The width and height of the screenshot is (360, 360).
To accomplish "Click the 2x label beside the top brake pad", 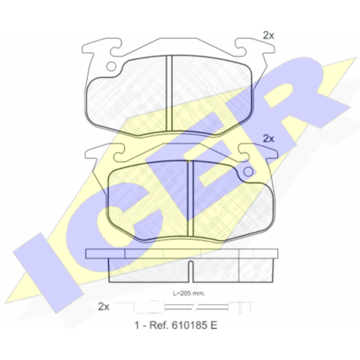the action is pyautogui.click(x=268, y=35).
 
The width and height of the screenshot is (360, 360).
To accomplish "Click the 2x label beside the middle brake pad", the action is pyautogui.click(x=268, y=139).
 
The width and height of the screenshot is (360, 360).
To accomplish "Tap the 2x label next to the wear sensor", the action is pyautogui.click(x=104, y=306).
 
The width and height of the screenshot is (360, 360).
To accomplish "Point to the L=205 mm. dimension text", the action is pyautogui.click(x=189, y=293).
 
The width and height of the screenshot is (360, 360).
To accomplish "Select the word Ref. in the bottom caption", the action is pyautogui.click(x=159, y=325).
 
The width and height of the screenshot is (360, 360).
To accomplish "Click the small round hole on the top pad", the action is pyautogui.click(x=112, y=67).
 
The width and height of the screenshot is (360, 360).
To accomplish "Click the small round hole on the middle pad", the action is pyautogui.click(x=248, y=172).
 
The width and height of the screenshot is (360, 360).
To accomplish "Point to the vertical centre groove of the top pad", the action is pyautogui.click(x=169, y=93).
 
